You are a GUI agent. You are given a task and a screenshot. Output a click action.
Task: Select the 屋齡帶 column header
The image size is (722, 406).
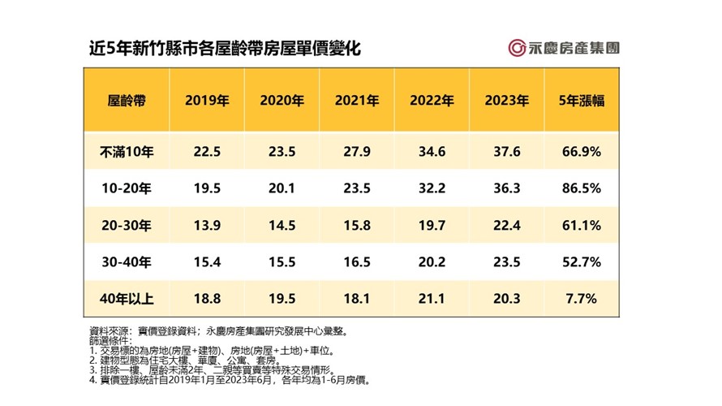pyautogui.click(x=127, y=101)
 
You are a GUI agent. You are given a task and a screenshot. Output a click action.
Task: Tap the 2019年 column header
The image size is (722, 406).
pyautogui.click(x=207, y=101)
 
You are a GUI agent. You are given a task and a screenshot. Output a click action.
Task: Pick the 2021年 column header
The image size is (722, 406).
pyautogui.click(x=357, y=101)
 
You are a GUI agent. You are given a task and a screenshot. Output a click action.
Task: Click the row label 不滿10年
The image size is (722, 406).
pyautogui.click(x=127, y=152)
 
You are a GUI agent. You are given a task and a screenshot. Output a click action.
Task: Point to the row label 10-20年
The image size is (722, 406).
pyautogui.click(x=127, y=188)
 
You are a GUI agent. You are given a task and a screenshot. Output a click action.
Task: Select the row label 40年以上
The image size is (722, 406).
pyautogui.click(x=127, y=299)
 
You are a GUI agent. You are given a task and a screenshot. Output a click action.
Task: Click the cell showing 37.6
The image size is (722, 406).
pyautogui.click(x=507, y=152)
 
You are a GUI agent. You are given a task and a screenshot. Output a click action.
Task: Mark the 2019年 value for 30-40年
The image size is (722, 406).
pyautogui.click(x=207, y=262)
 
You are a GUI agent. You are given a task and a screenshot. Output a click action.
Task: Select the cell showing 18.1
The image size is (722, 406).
pyautogui.click(x=357, y=299)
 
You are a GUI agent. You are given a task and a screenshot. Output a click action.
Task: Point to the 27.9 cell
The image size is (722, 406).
pyautogui.click(x=357, y=152)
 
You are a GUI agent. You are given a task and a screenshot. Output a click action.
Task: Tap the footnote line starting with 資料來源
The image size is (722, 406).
pyautogui.click(x=218, y=331)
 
